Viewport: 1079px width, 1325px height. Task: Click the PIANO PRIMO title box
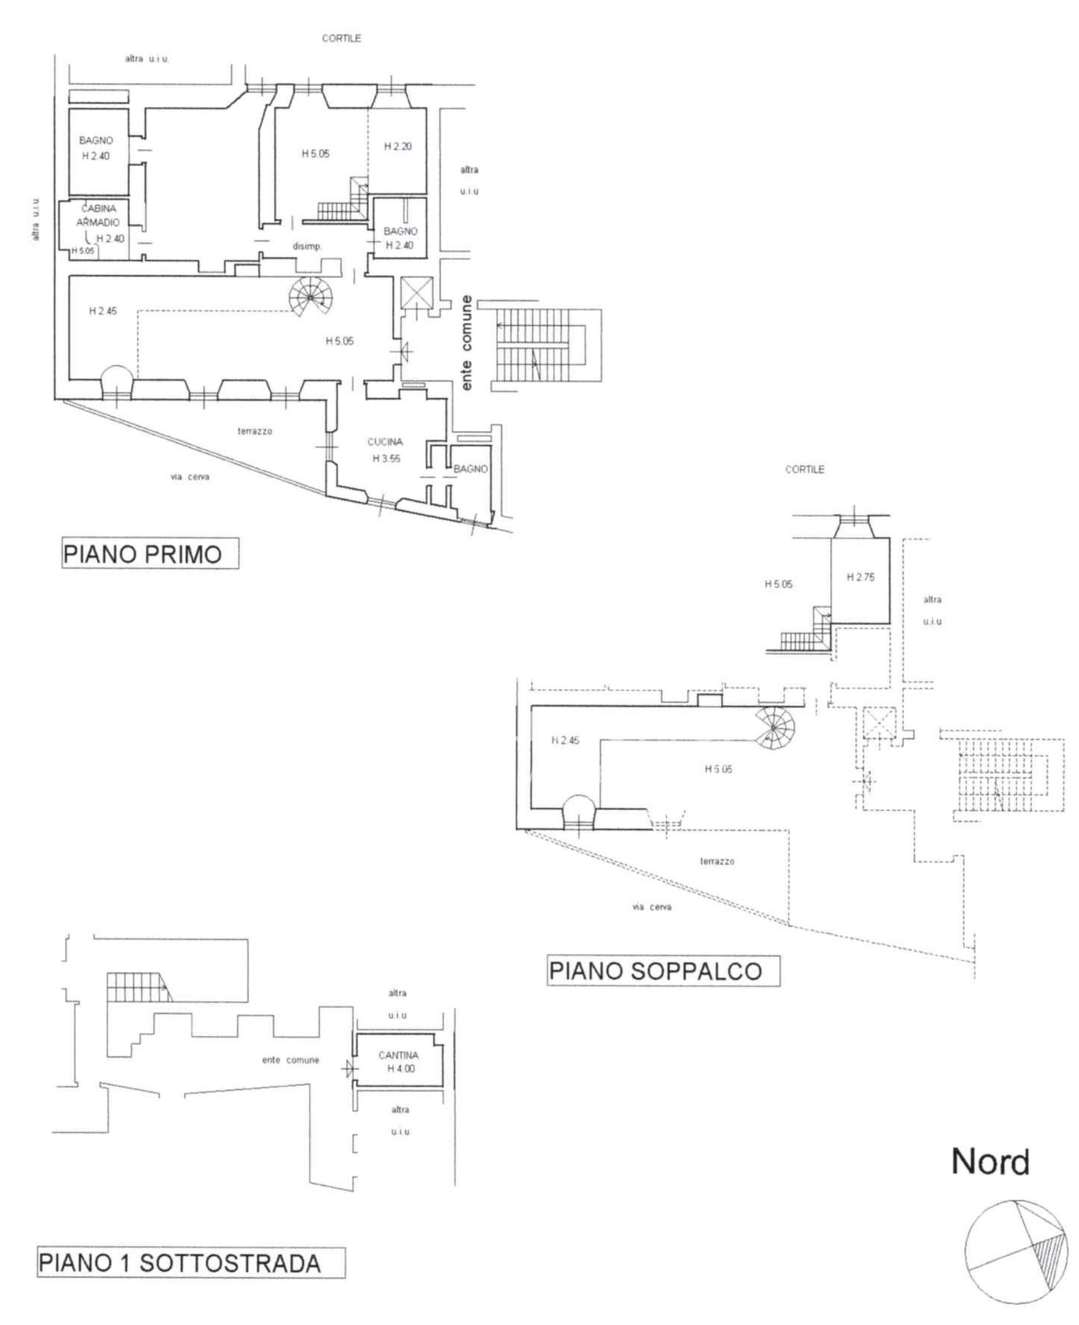[x=150, y=554]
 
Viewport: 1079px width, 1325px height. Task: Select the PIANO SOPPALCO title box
[x=663, y=970]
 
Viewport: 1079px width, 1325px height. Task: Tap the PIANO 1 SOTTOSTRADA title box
[x=191, y=1263]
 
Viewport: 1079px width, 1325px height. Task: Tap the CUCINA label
[x=385, y=442]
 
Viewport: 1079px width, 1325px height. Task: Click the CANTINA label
[x=398, y=1055]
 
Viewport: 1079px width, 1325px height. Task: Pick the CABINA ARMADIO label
[x=98, y=215]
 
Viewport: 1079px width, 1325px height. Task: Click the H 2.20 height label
[x=398, y=147]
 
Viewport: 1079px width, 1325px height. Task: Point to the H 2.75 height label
[x=861, y=577]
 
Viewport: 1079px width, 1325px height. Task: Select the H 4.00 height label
[x=401, y=1069]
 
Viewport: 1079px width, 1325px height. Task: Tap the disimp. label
[x=307, y=246]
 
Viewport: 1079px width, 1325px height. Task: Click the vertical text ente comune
[x=467, y=343]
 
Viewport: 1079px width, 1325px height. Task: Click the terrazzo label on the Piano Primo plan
[x=255, y=431]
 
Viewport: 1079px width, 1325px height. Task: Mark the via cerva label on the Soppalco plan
[x=652, y=907]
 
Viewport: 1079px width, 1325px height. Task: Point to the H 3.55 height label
[x=386, y=458]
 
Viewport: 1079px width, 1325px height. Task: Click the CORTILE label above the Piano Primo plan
[x=342, y=38]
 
